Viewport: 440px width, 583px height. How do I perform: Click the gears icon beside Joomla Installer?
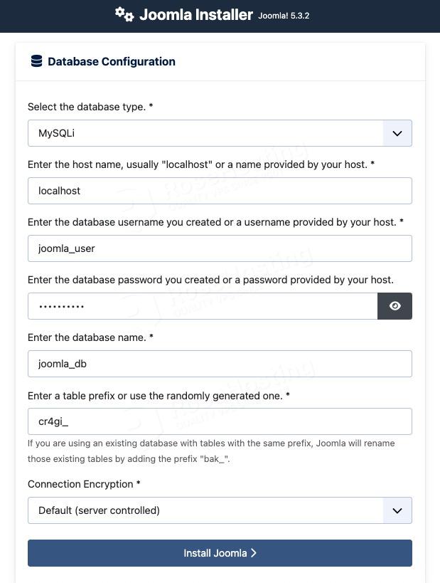pos(124,14)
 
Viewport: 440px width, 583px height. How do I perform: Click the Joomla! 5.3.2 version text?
pos(284,16)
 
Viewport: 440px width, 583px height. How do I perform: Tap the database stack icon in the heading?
pos(36,61)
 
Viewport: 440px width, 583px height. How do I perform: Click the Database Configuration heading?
pos(111,61)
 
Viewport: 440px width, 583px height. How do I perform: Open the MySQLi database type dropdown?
pos(205,133)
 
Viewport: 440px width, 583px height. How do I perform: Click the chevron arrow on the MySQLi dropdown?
pos(397,133)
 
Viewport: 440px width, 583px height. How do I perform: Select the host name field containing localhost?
pos(220,191)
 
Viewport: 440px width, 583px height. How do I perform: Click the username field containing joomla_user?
pos(220,248)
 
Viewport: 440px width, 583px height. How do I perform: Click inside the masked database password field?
pos(203,306)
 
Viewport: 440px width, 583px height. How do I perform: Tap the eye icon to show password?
pos(395,306)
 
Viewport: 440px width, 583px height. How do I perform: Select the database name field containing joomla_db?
pos(220,364)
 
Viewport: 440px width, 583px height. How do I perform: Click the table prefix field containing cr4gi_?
pos(220,421)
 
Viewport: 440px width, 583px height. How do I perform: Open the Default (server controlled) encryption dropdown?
pos(205,510)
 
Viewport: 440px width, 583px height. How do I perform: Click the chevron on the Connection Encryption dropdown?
pos(397,510)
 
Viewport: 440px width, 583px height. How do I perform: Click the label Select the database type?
pos(90,107)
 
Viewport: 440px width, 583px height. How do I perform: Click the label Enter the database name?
pos(90,337)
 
